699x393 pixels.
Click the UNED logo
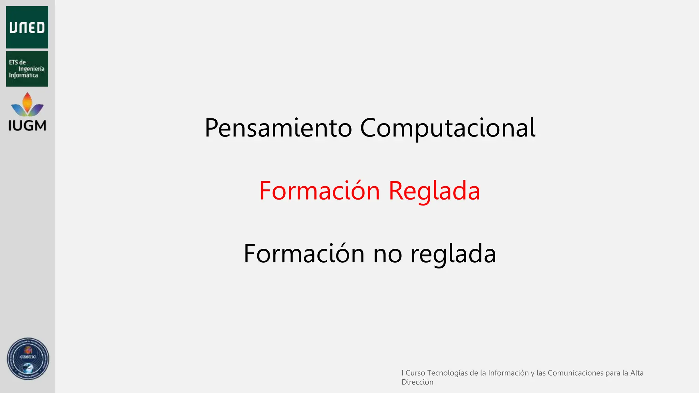pyautogui.click(x=27, y=27)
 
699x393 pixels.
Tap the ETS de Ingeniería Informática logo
pyautogui.click(x=27, y=69)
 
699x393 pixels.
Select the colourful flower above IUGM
pyautogui.click(x=27, y=105)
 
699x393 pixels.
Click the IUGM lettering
pyautogui.click(x=27, y=126)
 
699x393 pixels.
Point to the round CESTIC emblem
pyautogui.click(x=28, y=359)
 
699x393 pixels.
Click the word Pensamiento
pyautogui.click(x=278, y=128)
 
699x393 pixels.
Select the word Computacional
pyautogui.click(x=447, y=128)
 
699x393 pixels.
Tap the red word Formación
pyautogui.click(x=319, y=191)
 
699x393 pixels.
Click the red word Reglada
pyautogui.click(x=434, y=191)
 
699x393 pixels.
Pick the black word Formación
pyautogui.click(x=304, y=254)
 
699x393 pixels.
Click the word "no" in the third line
pyautogui.click(x=388, y=254)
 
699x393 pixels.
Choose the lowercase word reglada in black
pyautogui.click(x=453, y=254)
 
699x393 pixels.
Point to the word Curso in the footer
pyautogui.click(x=415, y=373)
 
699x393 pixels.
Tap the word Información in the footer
pyautogui.click(x=508, y=373)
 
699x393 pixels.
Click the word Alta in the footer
pyautogui.click(x=637, y=373)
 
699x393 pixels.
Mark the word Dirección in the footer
pyautogui.click(x=417, y=382)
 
